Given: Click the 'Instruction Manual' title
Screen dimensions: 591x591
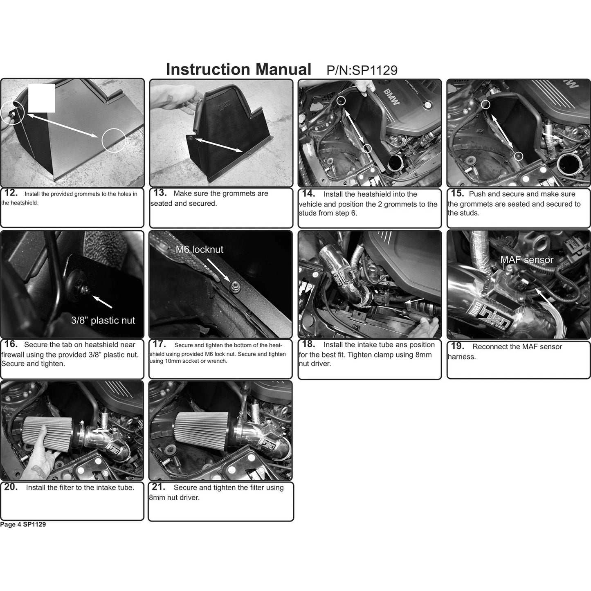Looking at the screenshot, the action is point(238,69).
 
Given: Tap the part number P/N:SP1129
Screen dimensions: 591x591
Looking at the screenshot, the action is point(362,70).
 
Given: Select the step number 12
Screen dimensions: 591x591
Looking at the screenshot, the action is point(11,193).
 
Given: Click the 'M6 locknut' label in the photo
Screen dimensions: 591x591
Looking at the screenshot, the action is point(199,249).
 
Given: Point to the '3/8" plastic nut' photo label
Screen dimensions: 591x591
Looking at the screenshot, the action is point(103,320).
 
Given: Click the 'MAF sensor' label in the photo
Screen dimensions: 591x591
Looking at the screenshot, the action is point(527,260).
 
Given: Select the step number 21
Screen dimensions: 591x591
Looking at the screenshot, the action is point(159,487).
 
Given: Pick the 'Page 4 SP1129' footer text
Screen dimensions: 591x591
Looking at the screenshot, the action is point(23,524).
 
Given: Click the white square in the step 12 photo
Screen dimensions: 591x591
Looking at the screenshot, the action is point(42,98).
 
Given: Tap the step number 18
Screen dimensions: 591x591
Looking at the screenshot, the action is point(308,344).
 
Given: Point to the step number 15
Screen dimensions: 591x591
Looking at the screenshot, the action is point(457,193).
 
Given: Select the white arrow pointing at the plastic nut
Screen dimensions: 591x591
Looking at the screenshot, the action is point(102,302).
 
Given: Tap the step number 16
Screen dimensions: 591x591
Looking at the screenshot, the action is point(11,344).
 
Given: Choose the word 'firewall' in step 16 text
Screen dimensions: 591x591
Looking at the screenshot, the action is point(13,355).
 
